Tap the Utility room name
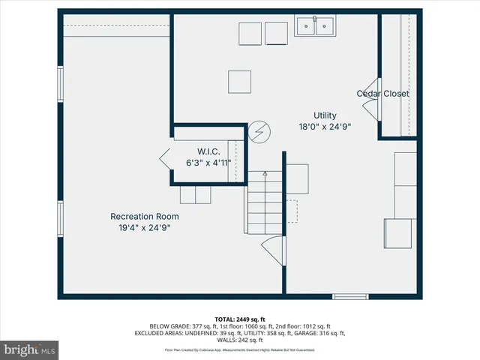click(325, 115)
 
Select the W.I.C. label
click(208, 151)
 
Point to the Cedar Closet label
click(382, 94)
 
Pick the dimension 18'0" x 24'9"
click(325, 127)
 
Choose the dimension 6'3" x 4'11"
click(208, 162)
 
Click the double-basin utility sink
click(315, 26)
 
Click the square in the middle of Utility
click(240, 81)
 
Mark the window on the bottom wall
click(350, 297)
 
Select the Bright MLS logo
click(30, 349)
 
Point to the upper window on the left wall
click(60, 86)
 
